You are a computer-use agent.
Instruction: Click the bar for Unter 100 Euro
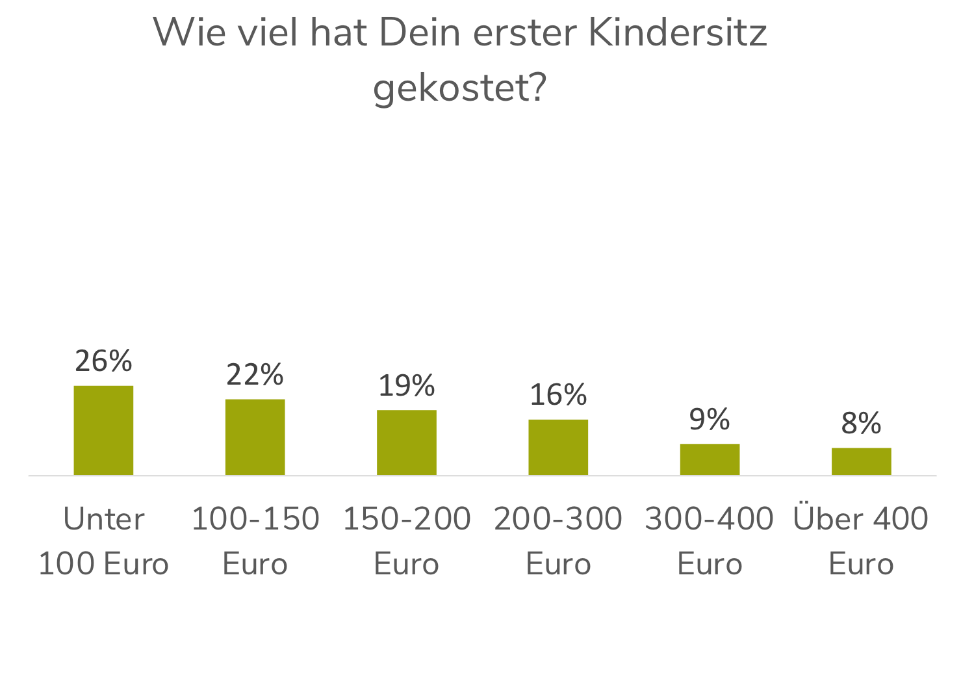(103, 430)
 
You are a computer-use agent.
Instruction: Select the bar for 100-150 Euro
(255, 437)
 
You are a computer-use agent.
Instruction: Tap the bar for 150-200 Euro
(407, 442)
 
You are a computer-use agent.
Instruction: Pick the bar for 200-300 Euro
(558, 447)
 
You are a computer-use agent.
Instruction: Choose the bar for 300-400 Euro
(710, 459)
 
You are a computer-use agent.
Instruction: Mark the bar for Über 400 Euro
(861, 461)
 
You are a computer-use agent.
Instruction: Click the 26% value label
(103, 361)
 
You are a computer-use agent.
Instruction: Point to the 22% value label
(255, 375)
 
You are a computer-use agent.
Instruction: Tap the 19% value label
(407, 386)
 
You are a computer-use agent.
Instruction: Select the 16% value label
(558, 395)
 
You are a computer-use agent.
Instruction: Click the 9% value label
(710, 420)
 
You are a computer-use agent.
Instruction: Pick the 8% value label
(861, 424)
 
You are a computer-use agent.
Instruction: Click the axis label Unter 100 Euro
(103, 541)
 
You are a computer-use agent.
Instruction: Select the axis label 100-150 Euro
(255, 541)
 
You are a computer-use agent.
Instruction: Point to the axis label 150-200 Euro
(407, 541)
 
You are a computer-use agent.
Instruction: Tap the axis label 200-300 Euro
(558, 541)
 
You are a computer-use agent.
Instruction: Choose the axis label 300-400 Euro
(710, 541)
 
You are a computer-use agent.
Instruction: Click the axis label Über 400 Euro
(861, 541)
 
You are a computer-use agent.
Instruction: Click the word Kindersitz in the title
(677, 32)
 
